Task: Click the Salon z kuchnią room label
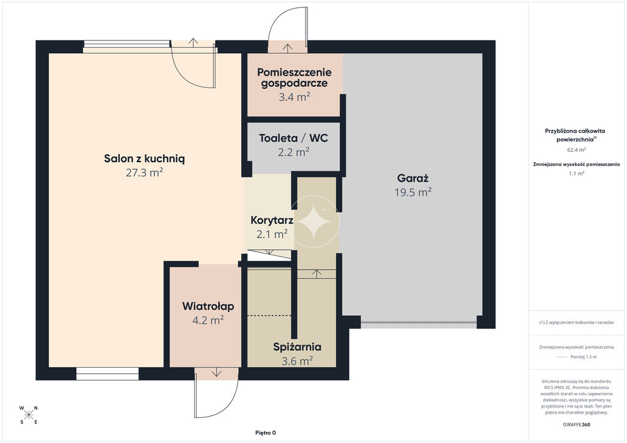click(x=145, y=158)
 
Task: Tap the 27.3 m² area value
click(x=145, y=173)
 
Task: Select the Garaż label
click(x=413, y=178)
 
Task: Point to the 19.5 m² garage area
click(x=413, y=192)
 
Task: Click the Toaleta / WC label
click(x=293, y=138)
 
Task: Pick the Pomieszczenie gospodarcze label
click(x=295, y=78)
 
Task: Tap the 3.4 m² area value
click(x=295, y=97)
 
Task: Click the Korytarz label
click(x=272, y=220)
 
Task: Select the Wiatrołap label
click(x=208, y=307)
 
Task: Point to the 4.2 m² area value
click(x=208, y=321)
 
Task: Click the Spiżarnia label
click(x=297, y=347)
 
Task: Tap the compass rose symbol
click(x=29, y=415)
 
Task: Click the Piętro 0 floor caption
click(x=266, y=433)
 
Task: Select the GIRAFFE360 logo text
click(x=576, y=425)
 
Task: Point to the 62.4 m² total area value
click(x=576, y=150)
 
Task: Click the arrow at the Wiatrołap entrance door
click(x=216, y=372)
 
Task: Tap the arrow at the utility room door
click(x=288, y=48)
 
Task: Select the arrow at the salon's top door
click(x=193, y=42)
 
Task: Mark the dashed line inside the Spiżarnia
click(x=271, y=316)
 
